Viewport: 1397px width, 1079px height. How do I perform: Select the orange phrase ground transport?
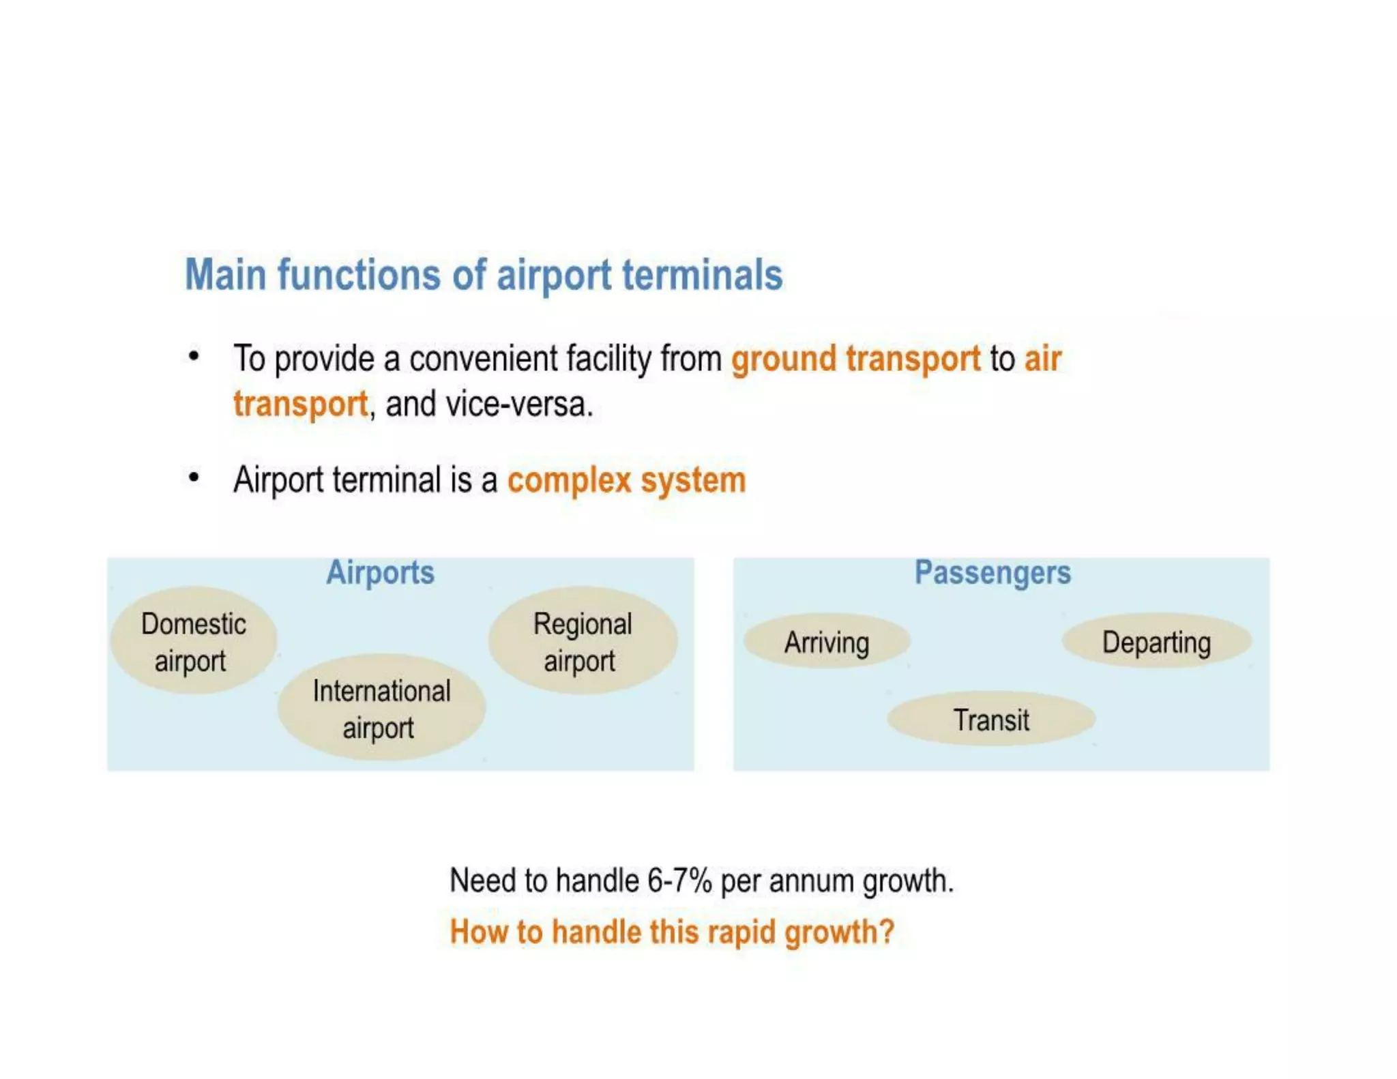tap(855, 359)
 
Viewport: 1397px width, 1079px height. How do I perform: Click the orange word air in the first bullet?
tap(1042, 359)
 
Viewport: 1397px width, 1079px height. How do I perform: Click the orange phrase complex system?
tap(626, 480)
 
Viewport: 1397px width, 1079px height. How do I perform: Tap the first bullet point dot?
tap(194, 356)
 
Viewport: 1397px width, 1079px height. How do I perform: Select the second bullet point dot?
tap(194, 477)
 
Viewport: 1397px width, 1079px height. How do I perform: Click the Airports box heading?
tap(380, 572)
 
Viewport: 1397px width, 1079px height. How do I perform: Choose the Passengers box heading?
tap(992, 572)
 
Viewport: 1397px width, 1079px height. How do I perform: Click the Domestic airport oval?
tap(193, 641)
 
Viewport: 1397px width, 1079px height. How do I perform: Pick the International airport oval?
tap(381, 708)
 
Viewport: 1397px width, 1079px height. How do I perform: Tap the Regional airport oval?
tap(582, 641)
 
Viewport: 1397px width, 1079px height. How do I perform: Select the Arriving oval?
tap(826, 642)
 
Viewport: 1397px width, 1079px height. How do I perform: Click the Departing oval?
tap(1156, 642)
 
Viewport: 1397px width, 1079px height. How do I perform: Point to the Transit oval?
tap(990, 720)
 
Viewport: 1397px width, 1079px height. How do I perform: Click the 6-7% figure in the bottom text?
tap(679, 881)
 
